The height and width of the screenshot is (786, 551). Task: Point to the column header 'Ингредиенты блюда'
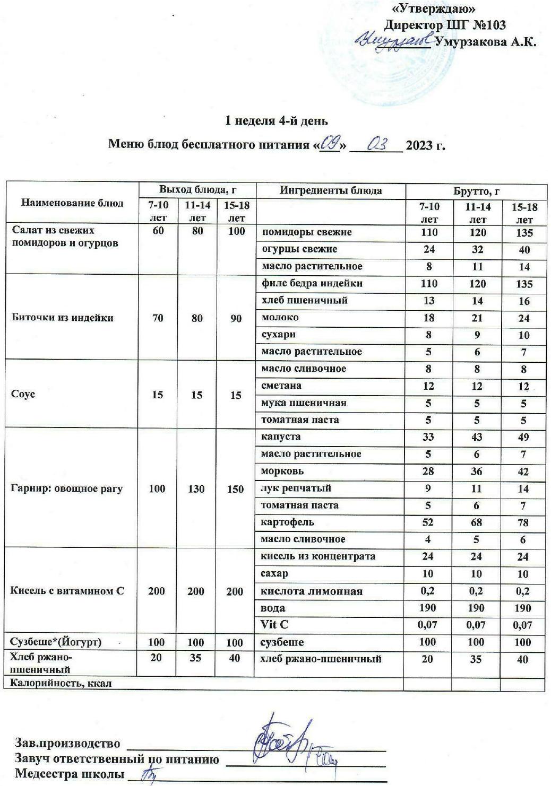331,191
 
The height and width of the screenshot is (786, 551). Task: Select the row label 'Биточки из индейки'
62,318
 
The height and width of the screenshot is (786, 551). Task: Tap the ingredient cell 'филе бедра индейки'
312,283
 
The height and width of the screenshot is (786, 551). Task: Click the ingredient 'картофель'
288,522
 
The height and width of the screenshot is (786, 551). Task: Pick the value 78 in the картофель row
523,522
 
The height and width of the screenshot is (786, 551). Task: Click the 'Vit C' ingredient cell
274,625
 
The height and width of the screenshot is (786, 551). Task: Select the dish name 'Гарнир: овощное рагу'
66,488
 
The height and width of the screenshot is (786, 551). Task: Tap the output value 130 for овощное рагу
196,488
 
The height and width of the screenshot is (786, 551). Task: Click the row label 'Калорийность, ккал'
61,683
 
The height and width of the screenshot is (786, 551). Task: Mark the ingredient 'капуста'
280,436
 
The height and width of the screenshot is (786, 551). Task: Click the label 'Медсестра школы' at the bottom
70,773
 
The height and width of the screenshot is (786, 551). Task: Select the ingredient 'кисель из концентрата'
318,556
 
